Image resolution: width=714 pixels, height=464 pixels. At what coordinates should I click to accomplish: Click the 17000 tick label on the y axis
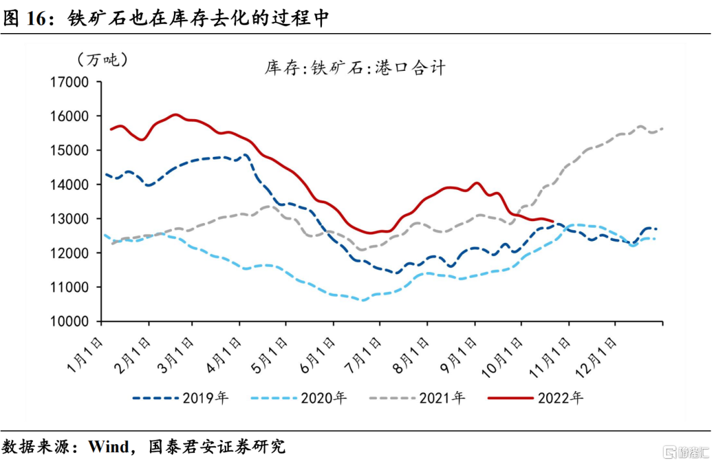[x=69, y=82]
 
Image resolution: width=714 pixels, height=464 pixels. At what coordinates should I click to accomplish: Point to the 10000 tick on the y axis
[x=69, y=322]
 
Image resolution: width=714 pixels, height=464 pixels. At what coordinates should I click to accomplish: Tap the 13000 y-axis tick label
[x=69, y=219]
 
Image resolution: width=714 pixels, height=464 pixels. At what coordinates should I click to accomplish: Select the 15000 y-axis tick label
[x=69, y=150]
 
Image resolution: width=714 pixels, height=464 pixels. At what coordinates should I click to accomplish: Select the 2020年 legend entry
[x=299, y=398]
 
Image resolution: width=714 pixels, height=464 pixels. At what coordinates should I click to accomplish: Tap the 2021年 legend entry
[x=417, y=398]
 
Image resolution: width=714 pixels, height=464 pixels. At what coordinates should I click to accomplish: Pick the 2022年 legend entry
[x=536, y=398]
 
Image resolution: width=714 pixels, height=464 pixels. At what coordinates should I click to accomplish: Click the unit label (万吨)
[x=103, y=60]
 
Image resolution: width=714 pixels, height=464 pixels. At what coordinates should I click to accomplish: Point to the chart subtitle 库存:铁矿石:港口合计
[x=355, y=68]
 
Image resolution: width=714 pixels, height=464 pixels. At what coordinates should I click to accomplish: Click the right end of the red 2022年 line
[x=553, y=222]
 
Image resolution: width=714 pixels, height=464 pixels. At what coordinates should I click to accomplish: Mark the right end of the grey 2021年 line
[x=663, y=128]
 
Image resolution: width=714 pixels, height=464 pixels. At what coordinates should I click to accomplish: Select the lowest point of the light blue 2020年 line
[x=362, y=300]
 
